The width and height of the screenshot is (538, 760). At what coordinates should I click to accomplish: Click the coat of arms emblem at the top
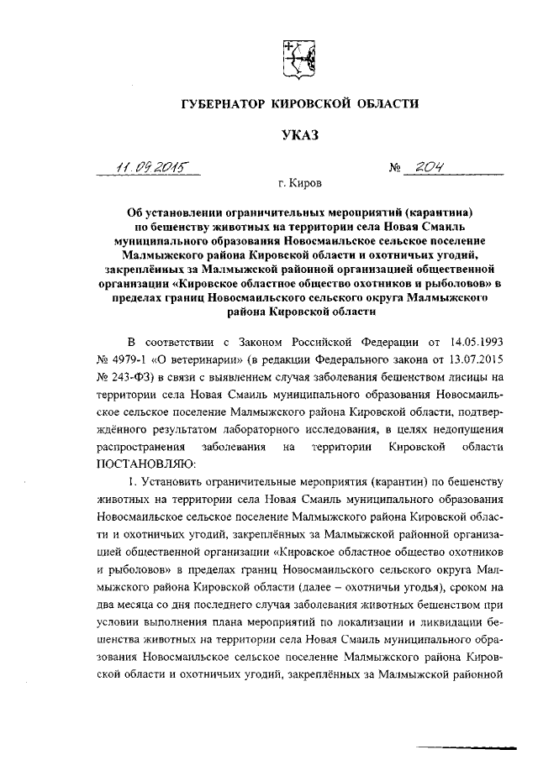click(294, 58)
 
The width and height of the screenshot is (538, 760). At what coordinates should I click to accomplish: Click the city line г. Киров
click(298, 182)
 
